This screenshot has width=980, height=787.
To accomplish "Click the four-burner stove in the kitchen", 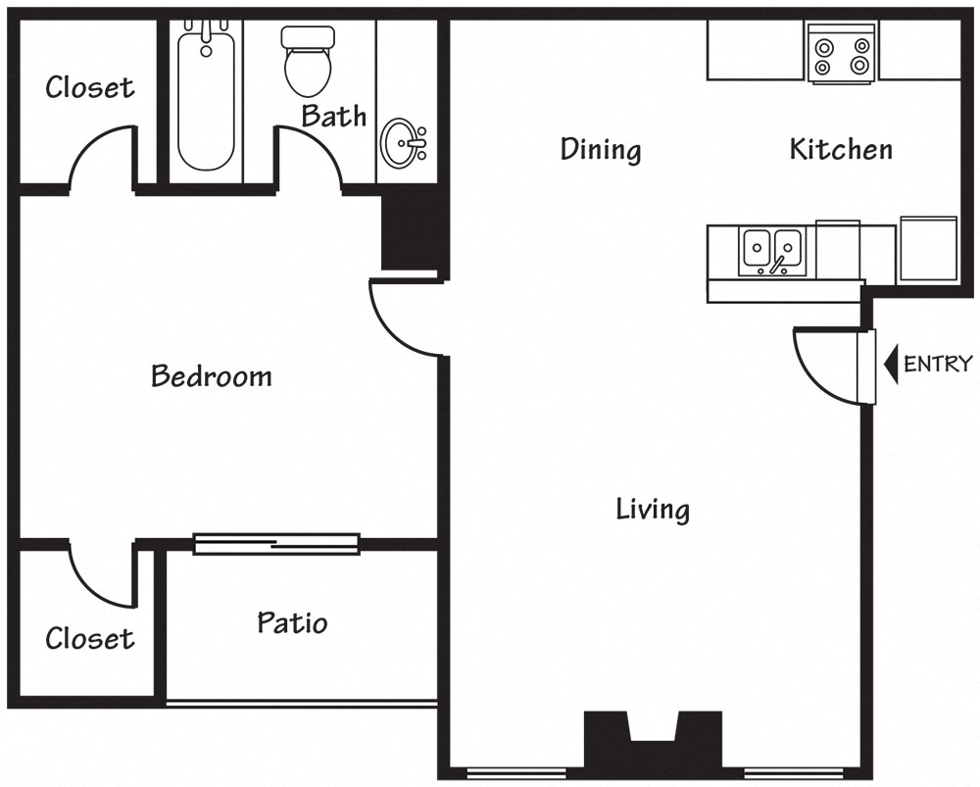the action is tap(841, 53).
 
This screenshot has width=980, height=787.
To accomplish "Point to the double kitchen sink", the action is tap(772, 251).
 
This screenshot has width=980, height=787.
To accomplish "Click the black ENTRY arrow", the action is tap(891, 364).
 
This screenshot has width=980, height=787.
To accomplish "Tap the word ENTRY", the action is tap(938, 364).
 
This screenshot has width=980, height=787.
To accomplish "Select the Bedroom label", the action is tap(212, 376).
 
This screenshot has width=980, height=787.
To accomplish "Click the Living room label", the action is tap(653, 510).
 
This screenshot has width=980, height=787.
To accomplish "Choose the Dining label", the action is tap(601, 149).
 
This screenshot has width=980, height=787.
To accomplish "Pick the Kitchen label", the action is tap(841, 149).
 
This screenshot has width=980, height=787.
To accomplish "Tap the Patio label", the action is tap(292, 622).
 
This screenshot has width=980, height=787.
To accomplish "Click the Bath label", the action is tap(334, 116).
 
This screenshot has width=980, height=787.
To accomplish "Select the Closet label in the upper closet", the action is tap(90, 87).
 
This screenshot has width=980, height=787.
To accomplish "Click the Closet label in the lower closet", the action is tap(90, 638).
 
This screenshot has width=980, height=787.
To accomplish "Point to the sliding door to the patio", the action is tap(276, 544).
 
